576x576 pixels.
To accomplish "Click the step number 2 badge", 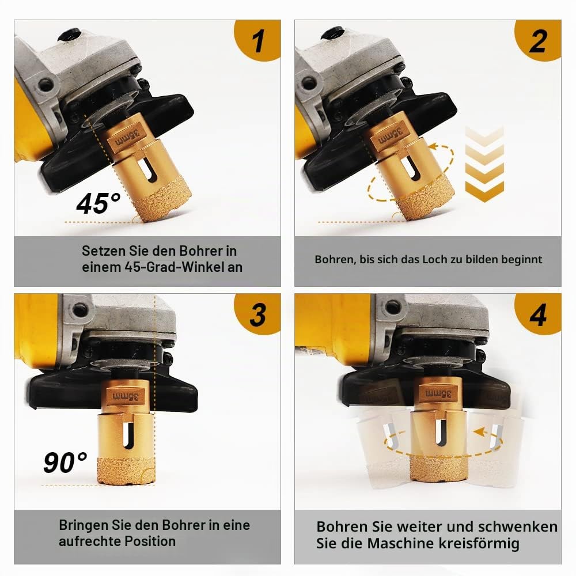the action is point(539,40).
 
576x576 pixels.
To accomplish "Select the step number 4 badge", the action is point(539,313).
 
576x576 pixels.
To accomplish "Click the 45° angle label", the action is point(98,203).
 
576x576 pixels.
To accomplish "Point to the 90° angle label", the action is point(65,462).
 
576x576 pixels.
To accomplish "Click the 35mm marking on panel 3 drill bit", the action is point(126,397).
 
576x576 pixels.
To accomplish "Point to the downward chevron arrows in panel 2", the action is point(484,164).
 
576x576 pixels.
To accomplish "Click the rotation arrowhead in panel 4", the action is point(480,432).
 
